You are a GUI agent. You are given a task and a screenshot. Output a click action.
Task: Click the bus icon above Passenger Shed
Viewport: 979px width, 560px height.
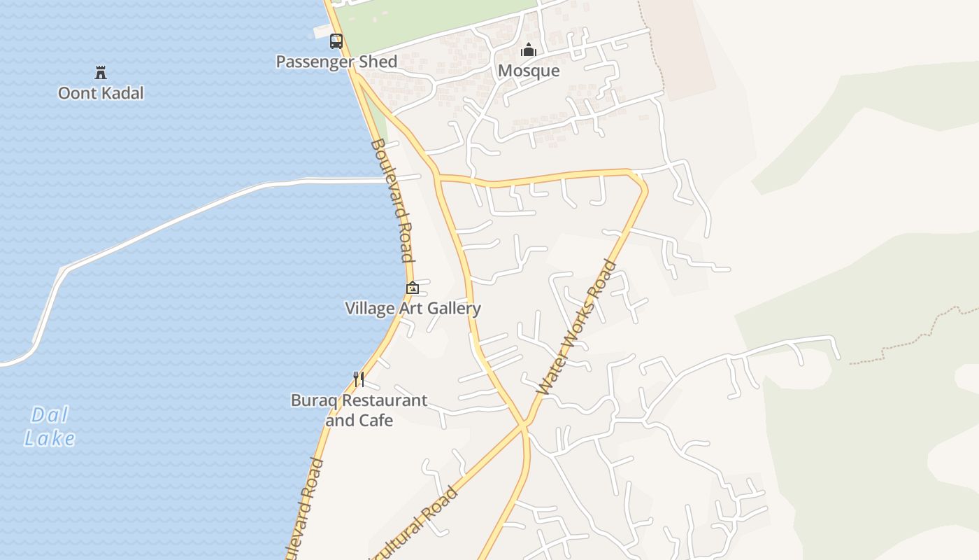(x=336, y=41)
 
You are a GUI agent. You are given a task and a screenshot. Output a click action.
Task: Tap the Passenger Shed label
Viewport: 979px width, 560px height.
(x=336, y=62)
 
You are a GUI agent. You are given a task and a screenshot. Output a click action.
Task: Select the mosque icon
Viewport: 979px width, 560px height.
(x=529, y=50)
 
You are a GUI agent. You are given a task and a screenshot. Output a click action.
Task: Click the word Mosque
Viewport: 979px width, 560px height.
(x=529, y=71)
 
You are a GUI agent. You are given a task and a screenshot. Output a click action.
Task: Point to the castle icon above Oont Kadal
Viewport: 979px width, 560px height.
(x=101, y=72)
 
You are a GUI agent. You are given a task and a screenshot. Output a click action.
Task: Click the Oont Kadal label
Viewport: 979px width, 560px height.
(x=101, y=93)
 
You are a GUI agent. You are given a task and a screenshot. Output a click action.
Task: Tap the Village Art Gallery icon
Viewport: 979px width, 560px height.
(x=413, y=288)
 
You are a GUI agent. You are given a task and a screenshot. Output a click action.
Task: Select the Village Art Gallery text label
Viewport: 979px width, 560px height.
(x=413, y=309)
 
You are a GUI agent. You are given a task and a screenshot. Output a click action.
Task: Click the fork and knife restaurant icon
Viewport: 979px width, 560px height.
(x=359, y=379)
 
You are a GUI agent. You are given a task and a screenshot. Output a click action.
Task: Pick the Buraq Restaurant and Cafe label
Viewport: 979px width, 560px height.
(x=359, y=410)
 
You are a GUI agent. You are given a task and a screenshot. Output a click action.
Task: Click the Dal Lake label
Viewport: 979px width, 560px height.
(x=50, y=426)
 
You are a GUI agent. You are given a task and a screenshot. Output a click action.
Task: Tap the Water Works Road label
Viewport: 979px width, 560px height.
(x=577, y=328)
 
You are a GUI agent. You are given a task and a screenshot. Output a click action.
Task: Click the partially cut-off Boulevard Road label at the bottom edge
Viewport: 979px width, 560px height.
(x=304, y=507)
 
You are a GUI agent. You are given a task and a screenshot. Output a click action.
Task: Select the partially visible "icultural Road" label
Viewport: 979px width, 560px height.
(x=417, y=521)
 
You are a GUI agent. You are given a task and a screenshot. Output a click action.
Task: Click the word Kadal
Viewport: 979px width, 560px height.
(x=123, y=93)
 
